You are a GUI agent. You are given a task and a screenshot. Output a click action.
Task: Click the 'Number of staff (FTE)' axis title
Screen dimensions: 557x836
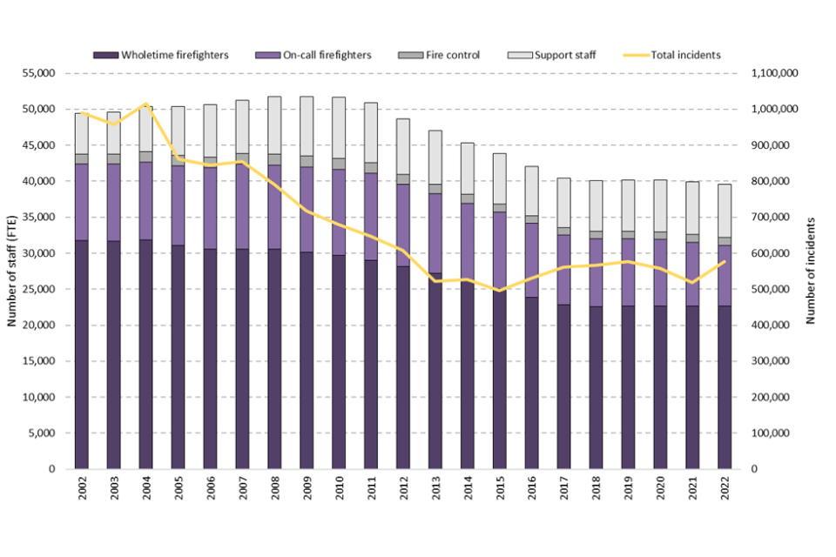pyautogui.click(x=12, y=272)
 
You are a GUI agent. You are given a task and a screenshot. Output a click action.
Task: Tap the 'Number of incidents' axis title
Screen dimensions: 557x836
pyautogui.click(x=811, y=272)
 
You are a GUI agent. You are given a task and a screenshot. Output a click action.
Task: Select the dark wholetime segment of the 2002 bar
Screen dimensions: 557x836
pyautogui.click(x=82, y=357)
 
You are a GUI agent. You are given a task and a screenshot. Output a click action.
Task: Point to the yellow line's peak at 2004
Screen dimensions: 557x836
pyautogui.click(x=145, y=104)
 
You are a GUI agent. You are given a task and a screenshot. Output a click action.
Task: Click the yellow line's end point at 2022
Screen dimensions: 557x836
pyautogui.click(x=725, y=261)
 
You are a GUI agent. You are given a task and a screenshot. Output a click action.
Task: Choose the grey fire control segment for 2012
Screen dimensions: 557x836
pyautogui.click(x=403, y=179)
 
